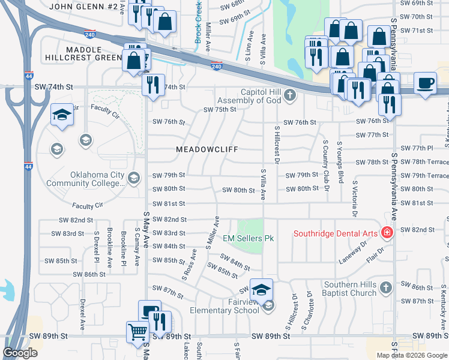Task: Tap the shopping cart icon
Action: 138,331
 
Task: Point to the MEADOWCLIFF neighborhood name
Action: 207,149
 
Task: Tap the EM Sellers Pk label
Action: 249,238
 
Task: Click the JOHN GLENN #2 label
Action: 83,7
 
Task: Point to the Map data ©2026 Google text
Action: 411,355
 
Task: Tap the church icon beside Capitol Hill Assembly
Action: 290,95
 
